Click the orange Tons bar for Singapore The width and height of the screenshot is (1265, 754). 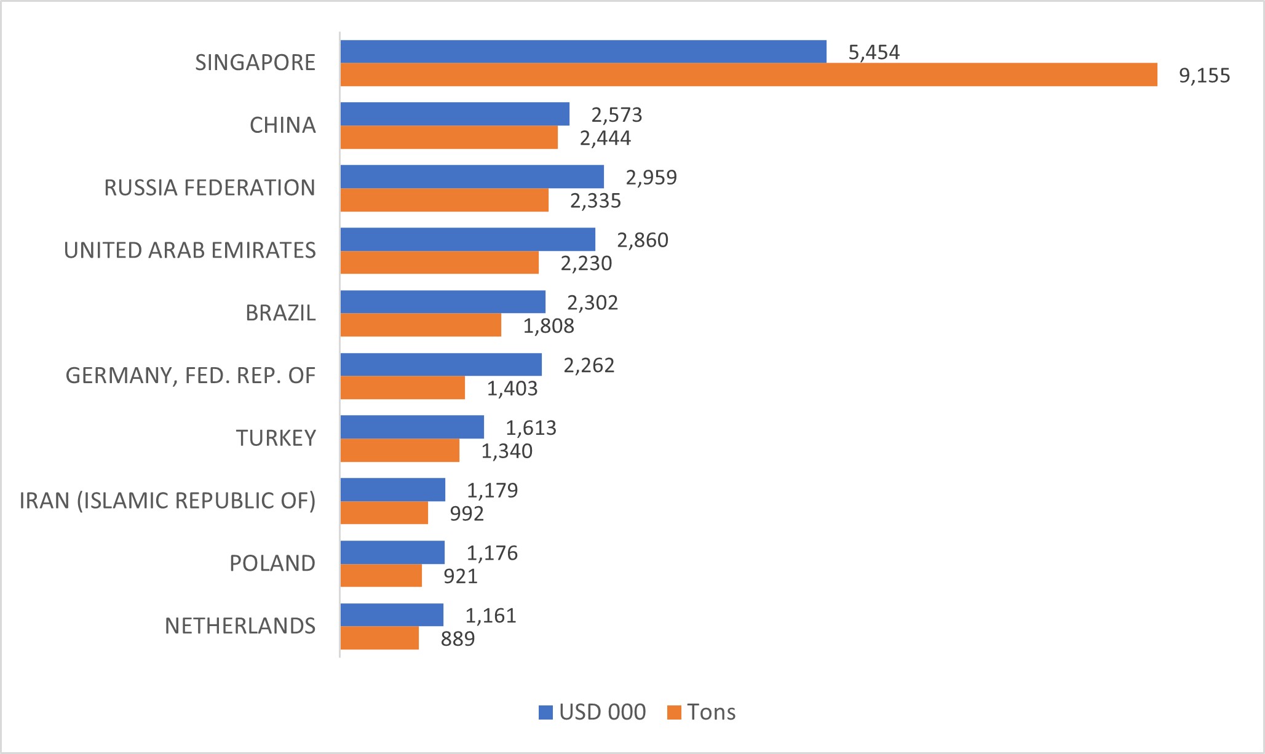click(x=748, y=75)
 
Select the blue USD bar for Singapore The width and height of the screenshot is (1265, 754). click(x=583, y=52)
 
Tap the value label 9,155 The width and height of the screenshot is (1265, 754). click(x=1204, y=76)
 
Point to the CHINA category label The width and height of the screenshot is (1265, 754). click(x=282, y=125)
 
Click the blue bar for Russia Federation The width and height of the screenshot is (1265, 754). click(x=472, y=177)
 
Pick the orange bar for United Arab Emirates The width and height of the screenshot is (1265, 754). click(x=439, y=263)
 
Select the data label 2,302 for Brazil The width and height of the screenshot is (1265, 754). click(x=592, y=303)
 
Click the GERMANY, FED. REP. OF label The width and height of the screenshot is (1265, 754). click(x=191, y=375)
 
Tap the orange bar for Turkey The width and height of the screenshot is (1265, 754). click(x=400, y=450)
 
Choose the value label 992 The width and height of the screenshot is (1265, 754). click(x=467, y=514)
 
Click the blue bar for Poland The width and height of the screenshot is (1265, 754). click(x=392, y=552)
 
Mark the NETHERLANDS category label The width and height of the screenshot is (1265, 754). click(x=240, y=626)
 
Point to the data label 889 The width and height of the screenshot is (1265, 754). click(x=458, y=639)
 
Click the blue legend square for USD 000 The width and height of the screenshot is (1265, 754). click(x=545, y=712)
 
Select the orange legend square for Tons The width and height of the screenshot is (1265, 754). click(x=674, y=712)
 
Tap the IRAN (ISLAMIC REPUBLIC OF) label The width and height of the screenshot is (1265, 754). click(x=167, y=501)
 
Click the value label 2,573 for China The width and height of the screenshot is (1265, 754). click(x=616, y=115)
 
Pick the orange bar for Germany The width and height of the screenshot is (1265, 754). click(x=403, y=387)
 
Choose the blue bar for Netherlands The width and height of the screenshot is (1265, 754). click(x=392, y=615)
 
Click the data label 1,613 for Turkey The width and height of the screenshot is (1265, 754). click(x=531, y=427)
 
